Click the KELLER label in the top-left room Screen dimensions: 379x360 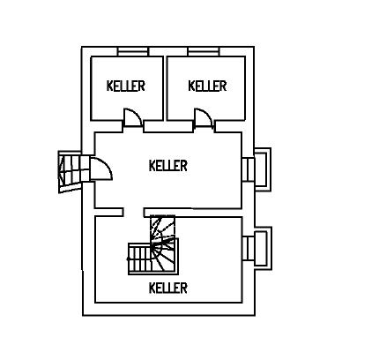click(x=126, y=86)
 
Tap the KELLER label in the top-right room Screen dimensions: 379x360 click(x=207, y=86)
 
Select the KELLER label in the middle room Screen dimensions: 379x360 click(x=168, y=166)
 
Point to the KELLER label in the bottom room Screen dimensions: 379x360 click(x=168, y=288)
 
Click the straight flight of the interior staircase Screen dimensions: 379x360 click(x=140, y=259)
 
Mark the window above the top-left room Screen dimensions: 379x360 click(x=132, y=51)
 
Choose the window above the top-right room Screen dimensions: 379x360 click(x=204, y=51)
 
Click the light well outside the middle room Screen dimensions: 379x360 click(x=263, y=169)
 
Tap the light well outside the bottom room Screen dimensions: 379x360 click(x=263, y=248)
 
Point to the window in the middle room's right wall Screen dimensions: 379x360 click(x=248, y=169)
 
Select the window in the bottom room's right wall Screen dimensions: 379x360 click(x=249, y=248)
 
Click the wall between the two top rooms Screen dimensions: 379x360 click(x=165, y=88)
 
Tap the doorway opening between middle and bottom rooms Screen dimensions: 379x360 click(x=133, y=213)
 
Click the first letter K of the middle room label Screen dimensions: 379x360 click(x=152, y=166)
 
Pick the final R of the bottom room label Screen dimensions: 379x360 click(x=183, y=288)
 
